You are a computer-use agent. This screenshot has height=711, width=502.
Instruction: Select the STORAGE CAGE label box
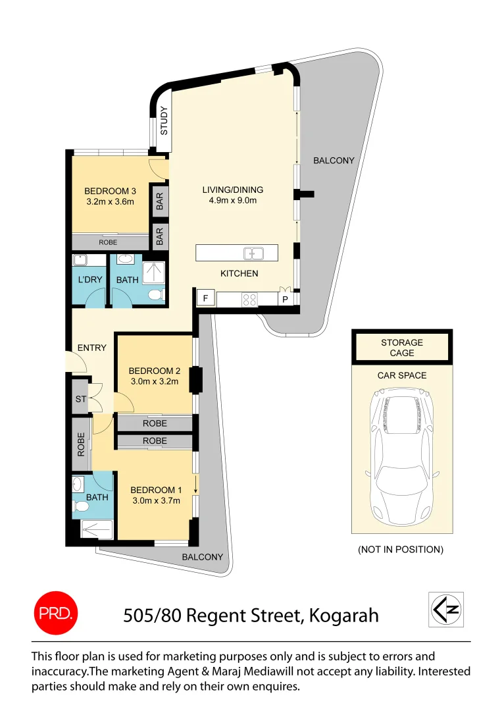[x=402, y=348]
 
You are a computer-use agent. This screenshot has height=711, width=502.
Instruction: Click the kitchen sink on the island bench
[x=253, y=253]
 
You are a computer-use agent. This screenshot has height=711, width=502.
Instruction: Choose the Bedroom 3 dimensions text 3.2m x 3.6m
[x=109, y=202]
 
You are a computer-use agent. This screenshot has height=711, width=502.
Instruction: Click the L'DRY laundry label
[x=90, y=280]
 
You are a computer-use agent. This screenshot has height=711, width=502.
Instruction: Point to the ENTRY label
[x=91, y=348]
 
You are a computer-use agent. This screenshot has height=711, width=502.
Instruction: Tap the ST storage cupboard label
[x=80, y=399]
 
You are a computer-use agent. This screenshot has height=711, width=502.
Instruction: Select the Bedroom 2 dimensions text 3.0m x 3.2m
[x=154, y=381]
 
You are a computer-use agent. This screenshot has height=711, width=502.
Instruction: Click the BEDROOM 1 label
[x=156, y=490]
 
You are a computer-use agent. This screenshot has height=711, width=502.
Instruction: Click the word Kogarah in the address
[x=343, y=616]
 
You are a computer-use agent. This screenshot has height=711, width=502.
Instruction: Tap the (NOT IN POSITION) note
[x=400, y=549]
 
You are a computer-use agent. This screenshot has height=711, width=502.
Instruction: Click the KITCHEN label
[x=239, y=273]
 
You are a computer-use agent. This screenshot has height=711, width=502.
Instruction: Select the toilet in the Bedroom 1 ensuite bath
[x=81, y=508]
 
